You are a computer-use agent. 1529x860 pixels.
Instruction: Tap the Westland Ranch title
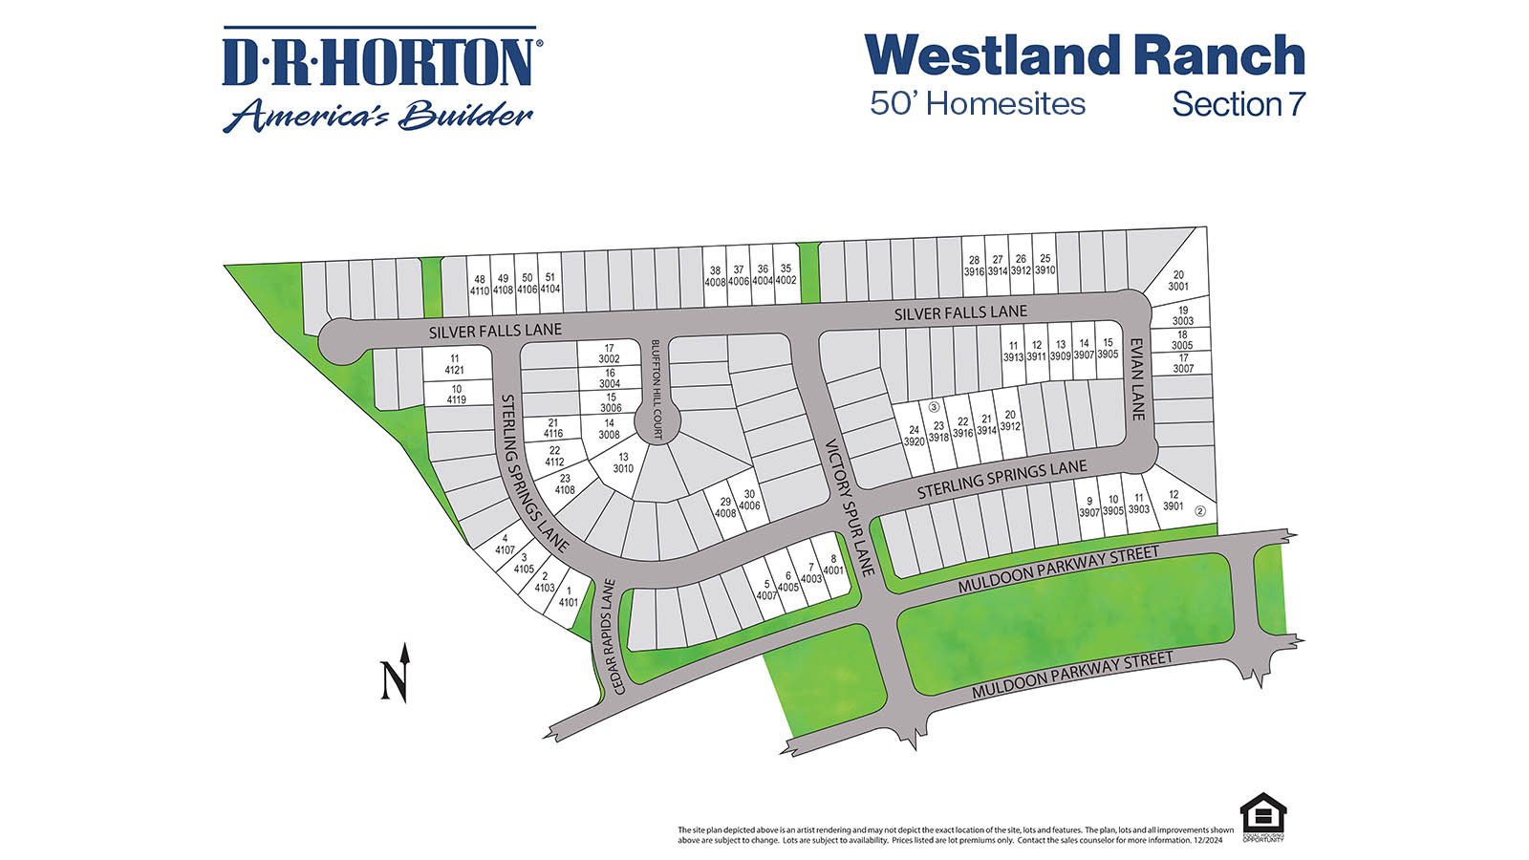[x=1085, y=55]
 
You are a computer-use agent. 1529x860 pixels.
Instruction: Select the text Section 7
[x=1238, y=104]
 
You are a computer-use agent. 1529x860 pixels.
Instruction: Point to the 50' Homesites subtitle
[x=977, y=104]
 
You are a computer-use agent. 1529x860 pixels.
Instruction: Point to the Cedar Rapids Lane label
[x=612, y=636]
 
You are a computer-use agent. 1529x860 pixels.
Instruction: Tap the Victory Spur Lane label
[x=850, y=506]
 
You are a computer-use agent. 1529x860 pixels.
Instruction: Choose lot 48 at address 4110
[x=479, y=285]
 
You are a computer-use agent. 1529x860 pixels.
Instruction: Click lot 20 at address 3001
[x=1178, y=280]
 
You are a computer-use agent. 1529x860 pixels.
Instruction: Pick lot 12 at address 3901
[x=1174, y=501]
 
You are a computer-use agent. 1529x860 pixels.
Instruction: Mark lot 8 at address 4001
[x=833, y=565]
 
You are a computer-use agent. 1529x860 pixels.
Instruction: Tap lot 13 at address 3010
[x=623, y=463]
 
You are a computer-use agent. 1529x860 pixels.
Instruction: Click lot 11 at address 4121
[x=455, y=364]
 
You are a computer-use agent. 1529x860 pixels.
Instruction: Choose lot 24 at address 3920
[x=915, y=436]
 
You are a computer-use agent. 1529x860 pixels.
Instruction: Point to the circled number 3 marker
[x=935, y=407]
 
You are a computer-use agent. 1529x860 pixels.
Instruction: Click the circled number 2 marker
[x=1201, y=511]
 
